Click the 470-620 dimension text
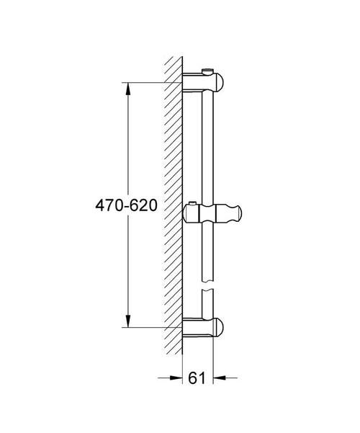point(126,205)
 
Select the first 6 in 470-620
point(132,205)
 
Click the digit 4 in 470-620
point(99,205)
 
